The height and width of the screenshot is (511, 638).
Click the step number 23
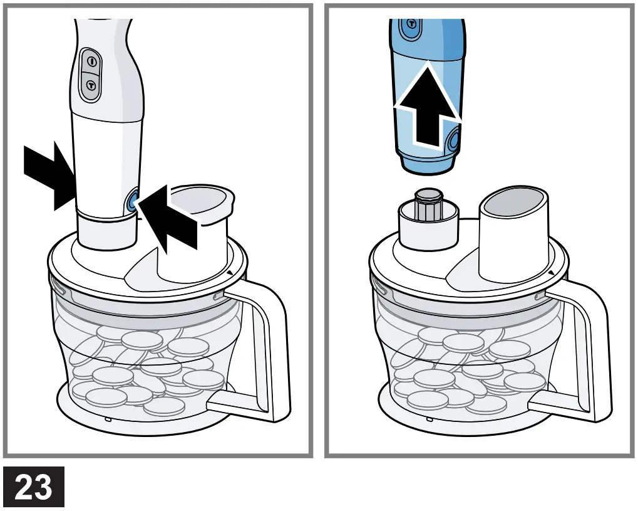coord(33,487)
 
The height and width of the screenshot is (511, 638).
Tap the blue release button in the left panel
coord(132,201)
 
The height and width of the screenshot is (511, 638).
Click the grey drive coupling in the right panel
coord(429,204)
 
